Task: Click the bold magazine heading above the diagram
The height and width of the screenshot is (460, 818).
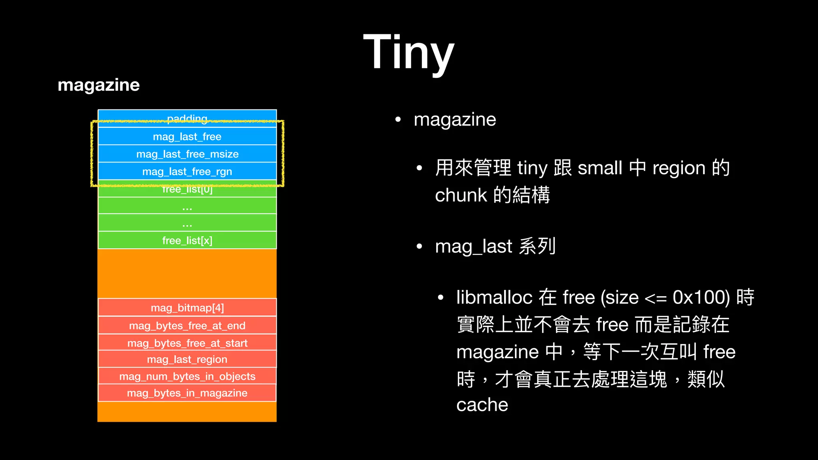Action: point(99,85)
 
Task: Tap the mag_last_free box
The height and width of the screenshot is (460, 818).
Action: point(187,137)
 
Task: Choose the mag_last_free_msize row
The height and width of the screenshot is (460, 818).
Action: point(187,154)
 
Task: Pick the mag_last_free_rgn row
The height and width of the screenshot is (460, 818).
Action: point(187,172)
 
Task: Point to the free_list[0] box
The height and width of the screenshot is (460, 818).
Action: point(187,190)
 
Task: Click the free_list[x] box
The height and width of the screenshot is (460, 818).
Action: point(187,240)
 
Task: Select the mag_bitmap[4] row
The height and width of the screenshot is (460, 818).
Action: point(187,308)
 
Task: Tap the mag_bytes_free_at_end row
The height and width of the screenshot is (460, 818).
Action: point(187,326)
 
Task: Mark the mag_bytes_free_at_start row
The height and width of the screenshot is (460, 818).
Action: point(187,343)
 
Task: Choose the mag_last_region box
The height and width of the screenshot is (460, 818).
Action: point(187,359)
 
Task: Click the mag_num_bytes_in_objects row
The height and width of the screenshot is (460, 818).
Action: point(187,376)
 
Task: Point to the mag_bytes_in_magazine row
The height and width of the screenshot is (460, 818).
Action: point(187,393)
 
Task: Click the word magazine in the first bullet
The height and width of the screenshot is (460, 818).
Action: point(455,120)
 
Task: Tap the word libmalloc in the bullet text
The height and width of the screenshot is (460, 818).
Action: point(494,297)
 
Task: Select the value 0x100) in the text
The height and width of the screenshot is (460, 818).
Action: point(701,297)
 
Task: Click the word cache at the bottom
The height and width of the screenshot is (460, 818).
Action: point(482,405)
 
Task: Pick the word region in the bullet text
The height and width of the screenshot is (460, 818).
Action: point(679,169)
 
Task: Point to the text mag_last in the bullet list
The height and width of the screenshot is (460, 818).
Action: point(473,247)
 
